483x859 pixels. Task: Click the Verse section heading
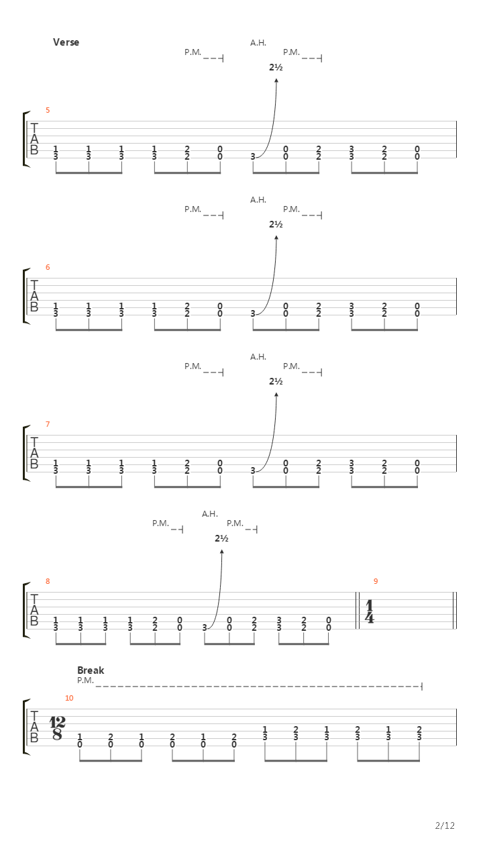pyautogui.click(x=66, y=42)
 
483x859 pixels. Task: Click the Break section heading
pyautogui.click(x=91, y=670)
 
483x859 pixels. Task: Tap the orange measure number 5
pyautogui.click(x=48, y=110)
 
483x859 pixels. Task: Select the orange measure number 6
pyautogui.click(x=48, y=267)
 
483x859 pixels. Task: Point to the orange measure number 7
pyautogui.click(x=48, y=424)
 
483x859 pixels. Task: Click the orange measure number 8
pyautogui.click(x=48, y=581)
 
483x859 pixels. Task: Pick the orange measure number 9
pyautogui.click(x=376, y=581)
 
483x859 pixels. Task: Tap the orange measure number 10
pyautogui.click(x=69, y=699)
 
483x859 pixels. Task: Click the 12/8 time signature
pyautogui.click(x=58, y=729)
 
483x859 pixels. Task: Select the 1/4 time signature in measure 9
pyautogui.click(x=370, y=612)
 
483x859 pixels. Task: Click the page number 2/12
pyautogui.click(x=445, y=825)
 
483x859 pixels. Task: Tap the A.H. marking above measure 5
pyautogui.click(x=258, y=43)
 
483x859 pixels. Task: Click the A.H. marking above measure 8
pyautogui.click(x=210, y=514)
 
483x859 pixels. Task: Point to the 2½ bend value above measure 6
pyautogui.click(x=276, y=224)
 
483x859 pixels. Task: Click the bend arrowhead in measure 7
pyautogui.click(x=276, y=395)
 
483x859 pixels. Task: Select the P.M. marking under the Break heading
pyautogui.click(x=85, y=680)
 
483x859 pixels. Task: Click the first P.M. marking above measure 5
pyautogui.click(x=193, y=52)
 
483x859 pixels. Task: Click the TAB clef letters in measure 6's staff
pyautogui.click(x=34, y=296)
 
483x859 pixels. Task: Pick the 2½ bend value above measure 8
pyautogui.click(x=221, y=538)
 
